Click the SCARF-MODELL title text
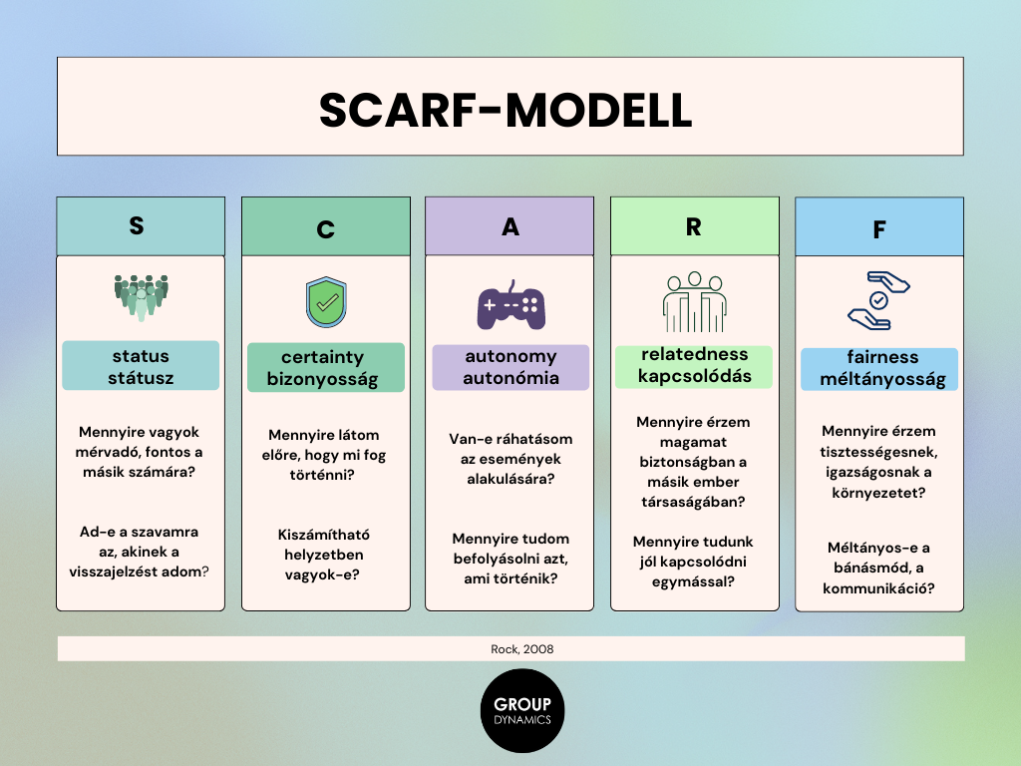(x=506, y=110)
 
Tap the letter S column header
(x=137, y=225)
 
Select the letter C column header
(x=326, y=229)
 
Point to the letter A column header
(x=510, y=226)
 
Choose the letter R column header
(x=694, y=226)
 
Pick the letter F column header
(x=879, y=229)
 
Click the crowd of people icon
(x=141, y=297)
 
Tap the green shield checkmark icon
(x=326, y=302)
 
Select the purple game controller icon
(x=511, y=306)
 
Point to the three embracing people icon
(x=695, y=302)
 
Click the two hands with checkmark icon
(x=879, y=301)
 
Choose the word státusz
(x=141, y=378)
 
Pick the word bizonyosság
(x=322, y=379)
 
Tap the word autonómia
(x=511, y=378)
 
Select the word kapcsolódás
(x=695, y=376)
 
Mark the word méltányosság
(x=882, y=379)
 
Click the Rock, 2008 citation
(x=522, y=648)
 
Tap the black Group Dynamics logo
(x=522, y=710)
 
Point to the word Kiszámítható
(x=324, y=535)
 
